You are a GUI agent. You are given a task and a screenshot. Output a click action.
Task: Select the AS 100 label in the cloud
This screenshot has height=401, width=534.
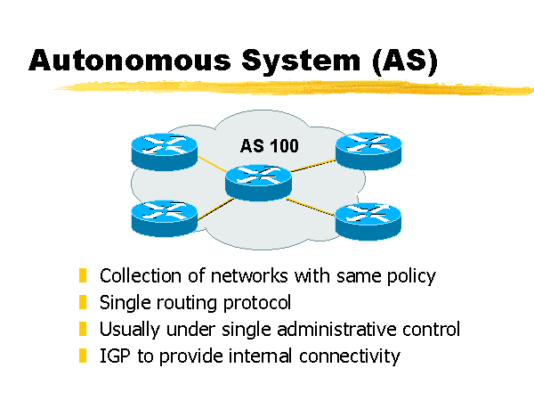pyautogui.click(x=270, y=145)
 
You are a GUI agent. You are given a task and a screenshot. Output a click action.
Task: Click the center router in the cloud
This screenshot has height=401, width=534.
pyautogui.click(x=258, y=181)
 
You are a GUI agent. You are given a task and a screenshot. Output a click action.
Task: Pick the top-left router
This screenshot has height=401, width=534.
pyautogui.click(x=163, y=151)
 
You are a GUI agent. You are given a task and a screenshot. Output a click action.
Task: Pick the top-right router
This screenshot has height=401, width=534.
pyautogui.click(x=368, y=151)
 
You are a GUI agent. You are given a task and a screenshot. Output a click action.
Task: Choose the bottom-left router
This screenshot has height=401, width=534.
pyautogui.click(x=163, y=217)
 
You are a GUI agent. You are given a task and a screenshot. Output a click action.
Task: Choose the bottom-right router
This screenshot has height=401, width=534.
pyautogui.click(x=368, y=218)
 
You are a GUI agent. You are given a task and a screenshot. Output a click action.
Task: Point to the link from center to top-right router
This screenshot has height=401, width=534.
pyautogui.click(x=313, y=165)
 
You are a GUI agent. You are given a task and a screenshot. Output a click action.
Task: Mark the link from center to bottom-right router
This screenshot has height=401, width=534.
pyautogui.click(x=313, y=204)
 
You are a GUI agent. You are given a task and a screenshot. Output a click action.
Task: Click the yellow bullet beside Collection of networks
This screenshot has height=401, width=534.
pyautogui.click(x=84, y=275)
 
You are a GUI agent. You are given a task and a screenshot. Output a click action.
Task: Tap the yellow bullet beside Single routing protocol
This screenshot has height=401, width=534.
pyautogui.click(x=84, y=302)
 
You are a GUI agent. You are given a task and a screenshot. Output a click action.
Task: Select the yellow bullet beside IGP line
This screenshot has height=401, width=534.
pyautogui.click(x=84, y=356)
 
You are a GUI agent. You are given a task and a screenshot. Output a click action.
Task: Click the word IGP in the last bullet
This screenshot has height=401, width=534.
pyautogui.click(x=115, y=356)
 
